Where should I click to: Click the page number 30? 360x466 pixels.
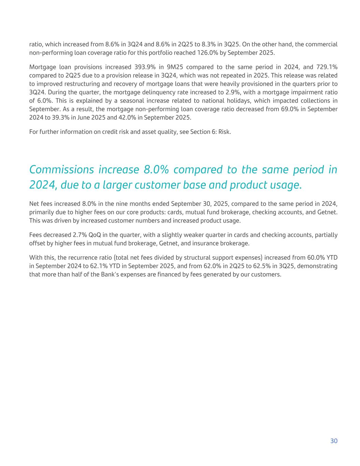pyautogui.click(x=334, y=441)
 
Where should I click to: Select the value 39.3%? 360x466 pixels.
pyautogui.click(x=92, y=117)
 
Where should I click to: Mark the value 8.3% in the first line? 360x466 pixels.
pyautogui.click(x=212, y=44)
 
